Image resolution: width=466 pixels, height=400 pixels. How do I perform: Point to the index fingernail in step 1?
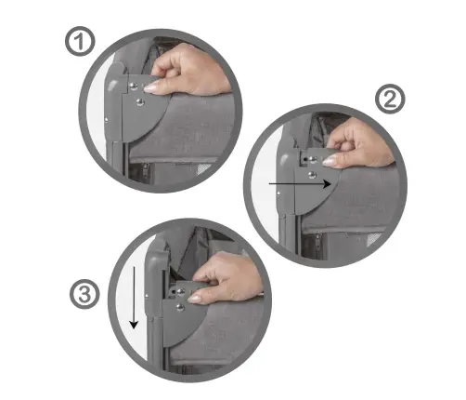click(x=152, y=85)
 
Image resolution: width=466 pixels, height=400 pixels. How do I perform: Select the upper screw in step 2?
click(x=311, y=159)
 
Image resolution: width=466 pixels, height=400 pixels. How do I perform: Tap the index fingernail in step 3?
click(x=196, y=298)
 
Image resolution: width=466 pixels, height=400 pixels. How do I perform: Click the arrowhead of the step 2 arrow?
click(x=327, y=185)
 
